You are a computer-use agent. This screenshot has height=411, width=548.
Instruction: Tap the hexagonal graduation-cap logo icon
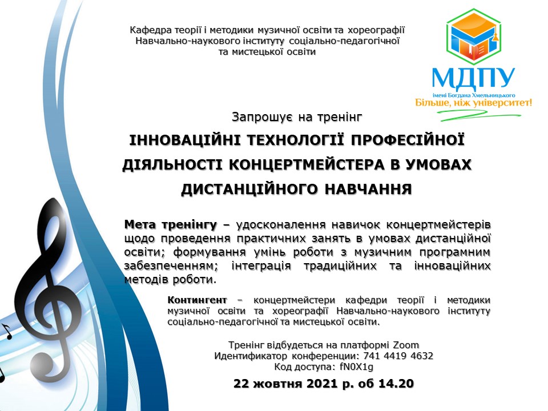click(x=474, y=37)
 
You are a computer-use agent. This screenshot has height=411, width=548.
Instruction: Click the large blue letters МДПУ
click(x=474, y=78)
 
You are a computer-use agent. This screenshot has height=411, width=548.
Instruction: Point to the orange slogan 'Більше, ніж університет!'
click(x=474, y=103)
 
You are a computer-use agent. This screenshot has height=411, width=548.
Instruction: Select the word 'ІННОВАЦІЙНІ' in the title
click(x=184, y=140)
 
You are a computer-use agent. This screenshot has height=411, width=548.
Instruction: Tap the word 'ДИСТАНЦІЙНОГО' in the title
click(x=249, y=189)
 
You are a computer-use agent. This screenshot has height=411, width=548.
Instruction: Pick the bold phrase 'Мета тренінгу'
click(x=171, y=224)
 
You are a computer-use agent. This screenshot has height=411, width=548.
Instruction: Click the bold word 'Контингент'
click(x=197, y=300)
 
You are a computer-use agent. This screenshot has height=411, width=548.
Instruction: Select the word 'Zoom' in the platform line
click(x=406, y=345)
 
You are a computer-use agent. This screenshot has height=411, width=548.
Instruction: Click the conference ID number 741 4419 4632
click(x=398, y=356)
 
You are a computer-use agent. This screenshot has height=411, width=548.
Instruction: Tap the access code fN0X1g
click(x=356, y=366)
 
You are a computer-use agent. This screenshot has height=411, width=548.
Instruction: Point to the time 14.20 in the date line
click(x=396, y=384)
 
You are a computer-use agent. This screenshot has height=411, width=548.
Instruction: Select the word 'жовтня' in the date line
click(x=277, y=384)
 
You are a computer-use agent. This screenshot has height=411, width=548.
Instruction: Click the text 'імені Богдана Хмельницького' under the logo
click(x=474, y=95)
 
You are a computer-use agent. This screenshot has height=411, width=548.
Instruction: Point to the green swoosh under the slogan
click(x=479, y=115)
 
